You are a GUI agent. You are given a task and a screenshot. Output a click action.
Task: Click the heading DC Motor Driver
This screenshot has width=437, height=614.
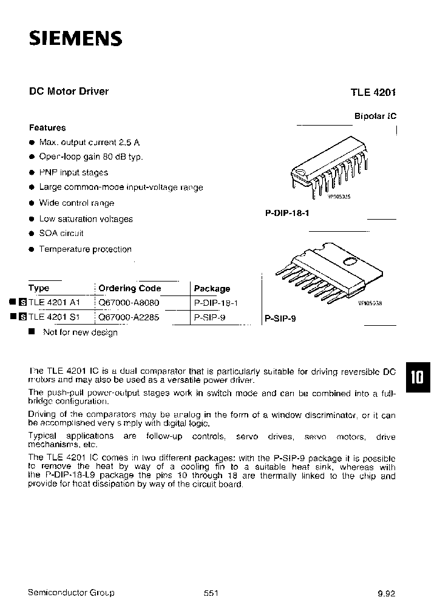point(69,91)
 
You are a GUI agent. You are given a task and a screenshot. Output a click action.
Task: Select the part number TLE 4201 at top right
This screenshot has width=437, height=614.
point(372,93)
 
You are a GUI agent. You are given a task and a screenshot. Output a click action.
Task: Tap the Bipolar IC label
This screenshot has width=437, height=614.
point(374,116)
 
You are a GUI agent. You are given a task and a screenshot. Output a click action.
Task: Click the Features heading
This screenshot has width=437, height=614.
point(47,127)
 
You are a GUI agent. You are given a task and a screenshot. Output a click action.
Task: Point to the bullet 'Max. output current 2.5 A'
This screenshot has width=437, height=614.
point(89,142)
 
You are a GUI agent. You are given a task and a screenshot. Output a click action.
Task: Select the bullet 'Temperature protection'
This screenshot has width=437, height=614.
point(85,249)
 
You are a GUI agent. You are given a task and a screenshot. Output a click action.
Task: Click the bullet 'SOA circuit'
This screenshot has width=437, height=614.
point(61,234)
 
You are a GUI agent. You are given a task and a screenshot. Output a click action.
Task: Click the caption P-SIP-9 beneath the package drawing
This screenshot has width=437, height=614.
point(280,318)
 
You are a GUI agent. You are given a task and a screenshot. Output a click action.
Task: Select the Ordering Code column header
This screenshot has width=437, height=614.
point(129,288)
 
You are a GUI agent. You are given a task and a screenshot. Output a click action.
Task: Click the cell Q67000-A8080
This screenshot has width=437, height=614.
point(129,302)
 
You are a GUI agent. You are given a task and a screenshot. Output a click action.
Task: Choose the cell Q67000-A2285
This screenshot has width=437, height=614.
point(129,317)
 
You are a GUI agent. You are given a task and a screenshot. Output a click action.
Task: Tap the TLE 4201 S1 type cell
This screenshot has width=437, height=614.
point(55,317)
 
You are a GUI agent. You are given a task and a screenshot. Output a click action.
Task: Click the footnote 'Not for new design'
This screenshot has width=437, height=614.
point(80,332)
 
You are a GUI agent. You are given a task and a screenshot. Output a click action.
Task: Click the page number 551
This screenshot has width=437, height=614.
point(211,593)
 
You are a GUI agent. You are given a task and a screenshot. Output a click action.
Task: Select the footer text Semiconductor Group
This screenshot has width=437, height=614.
point(71,593)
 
